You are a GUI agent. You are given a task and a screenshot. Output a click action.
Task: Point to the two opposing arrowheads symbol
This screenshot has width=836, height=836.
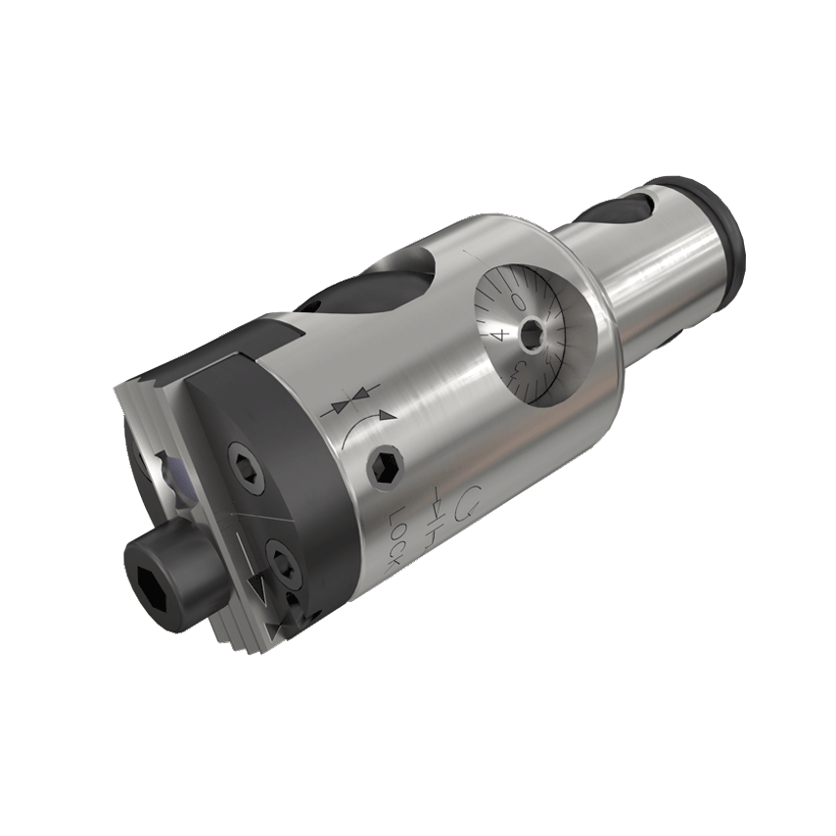pyautogui.click(x=348, y=402)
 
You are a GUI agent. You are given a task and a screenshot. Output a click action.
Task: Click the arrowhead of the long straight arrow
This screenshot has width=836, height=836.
pyautogui.click(x=257, y=587)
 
